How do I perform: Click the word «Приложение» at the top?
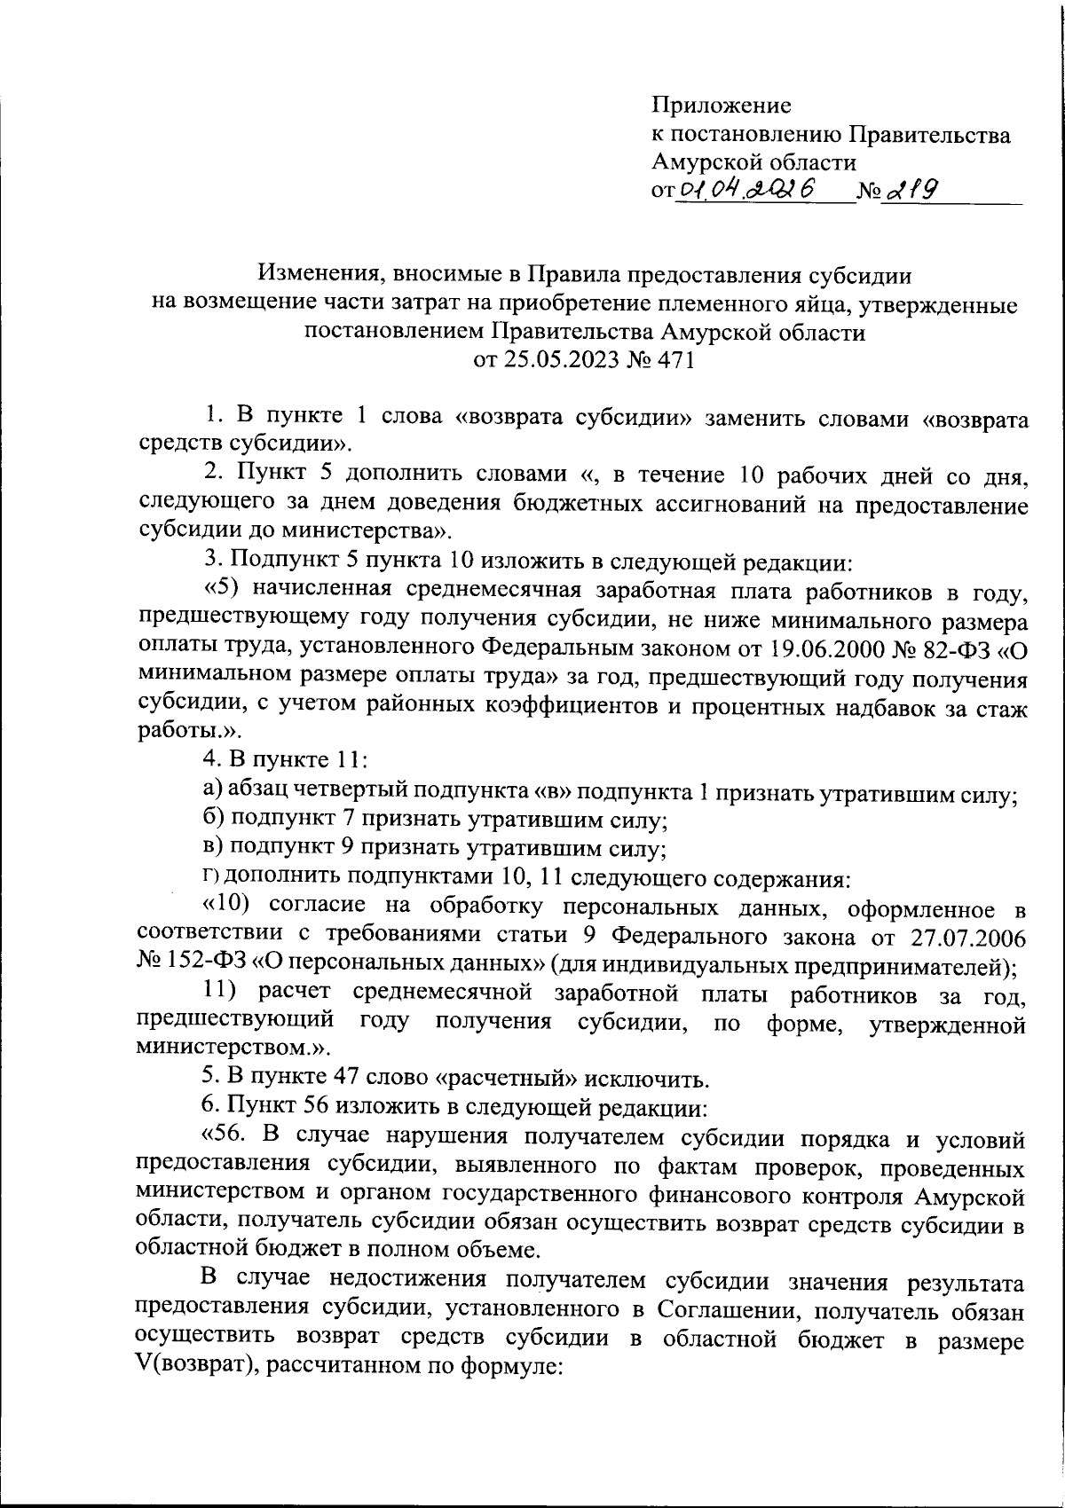pyautogui.click(x=721, y=106)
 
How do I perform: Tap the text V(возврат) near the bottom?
pyautogui.click(x=190, y=1367)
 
